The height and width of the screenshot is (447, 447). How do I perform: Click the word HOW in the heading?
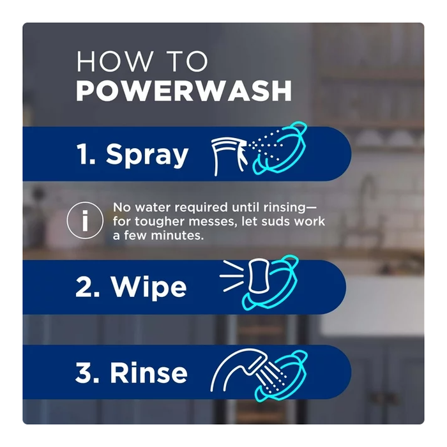tap(114, 61)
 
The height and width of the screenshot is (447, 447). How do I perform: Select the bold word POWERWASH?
tap(184, 91)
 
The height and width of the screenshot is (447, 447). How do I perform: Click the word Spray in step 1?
tap(147, 155)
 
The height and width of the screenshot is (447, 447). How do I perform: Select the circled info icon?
tap(85, 220)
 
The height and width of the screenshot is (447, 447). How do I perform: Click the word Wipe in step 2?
tap(149, 287)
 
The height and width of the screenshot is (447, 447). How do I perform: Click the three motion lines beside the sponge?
tap(231, 276)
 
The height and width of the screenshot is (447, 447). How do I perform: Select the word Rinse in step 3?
tap(149, 372)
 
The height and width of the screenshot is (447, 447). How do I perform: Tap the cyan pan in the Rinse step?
tap(282, 376)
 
